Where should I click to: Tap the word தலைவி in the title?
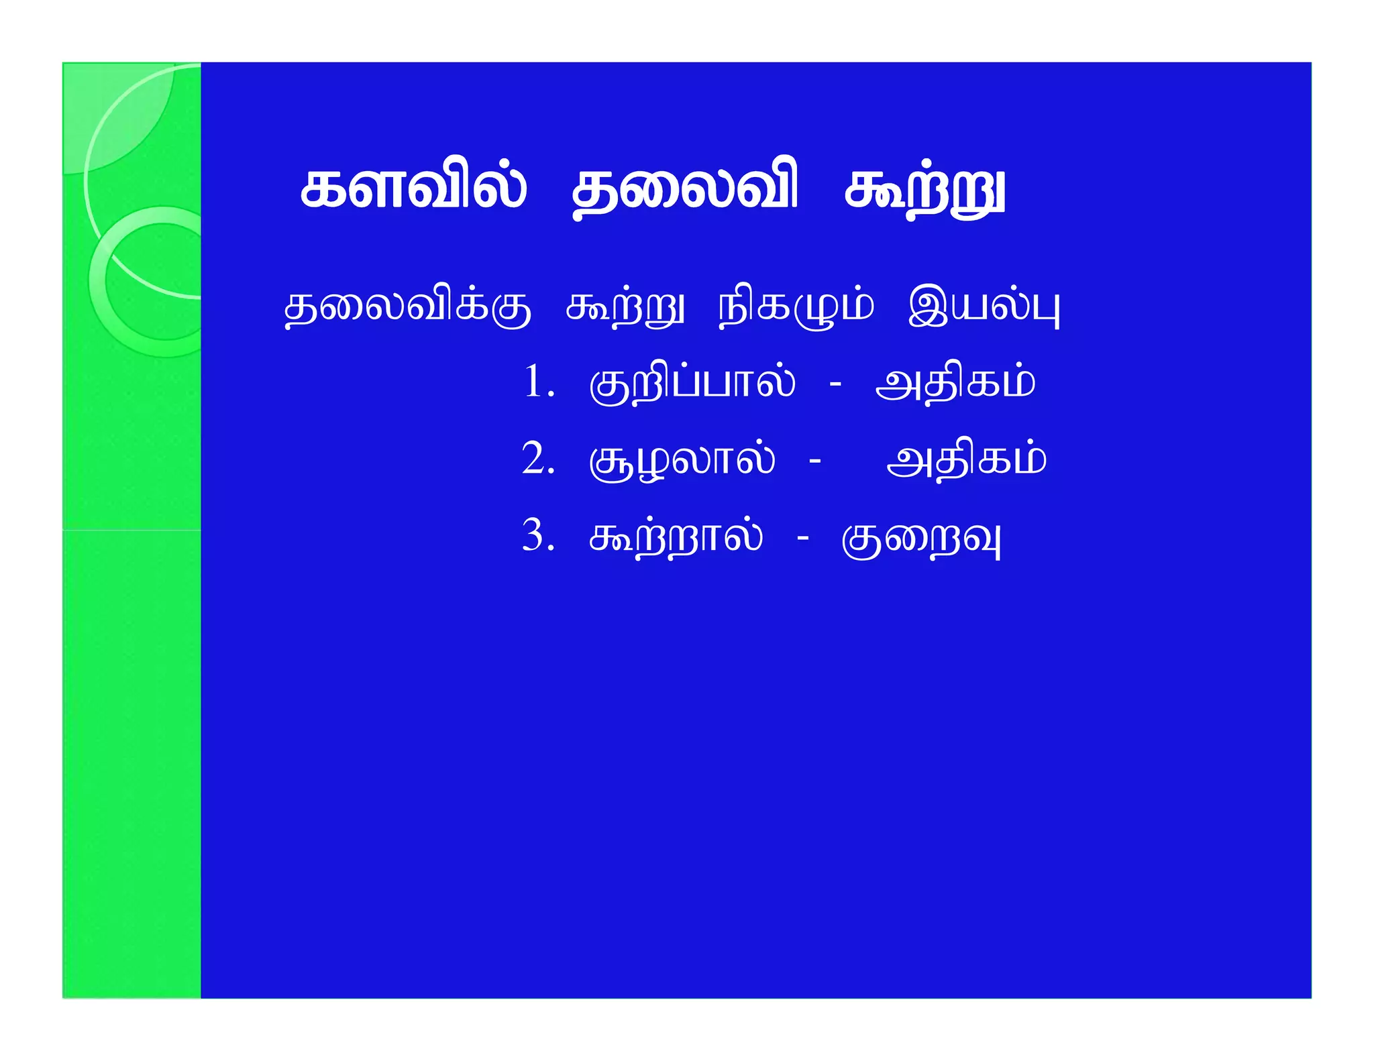pos(685,191)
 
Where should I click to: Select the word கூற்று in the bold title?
pos(924,193)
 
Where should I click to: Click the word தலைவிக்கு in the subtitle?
pos(407,309)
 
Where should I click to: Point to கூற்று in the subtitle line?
pos(625,309)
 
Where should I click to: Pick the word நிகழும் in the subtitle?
pos(796,309)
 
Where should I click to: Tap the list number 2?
pos(536,459)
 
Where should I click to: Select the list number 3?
pos(536,536)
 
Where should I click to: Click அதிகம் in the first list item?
pos(955,384)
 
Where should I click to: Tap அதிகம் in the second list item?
pos(966,461)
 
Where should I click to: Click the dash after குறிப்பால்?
pos(835,385)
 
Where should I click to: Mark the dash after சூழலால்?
pos(815,461)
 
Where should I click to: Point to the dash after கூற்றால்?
pos(802,538)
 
